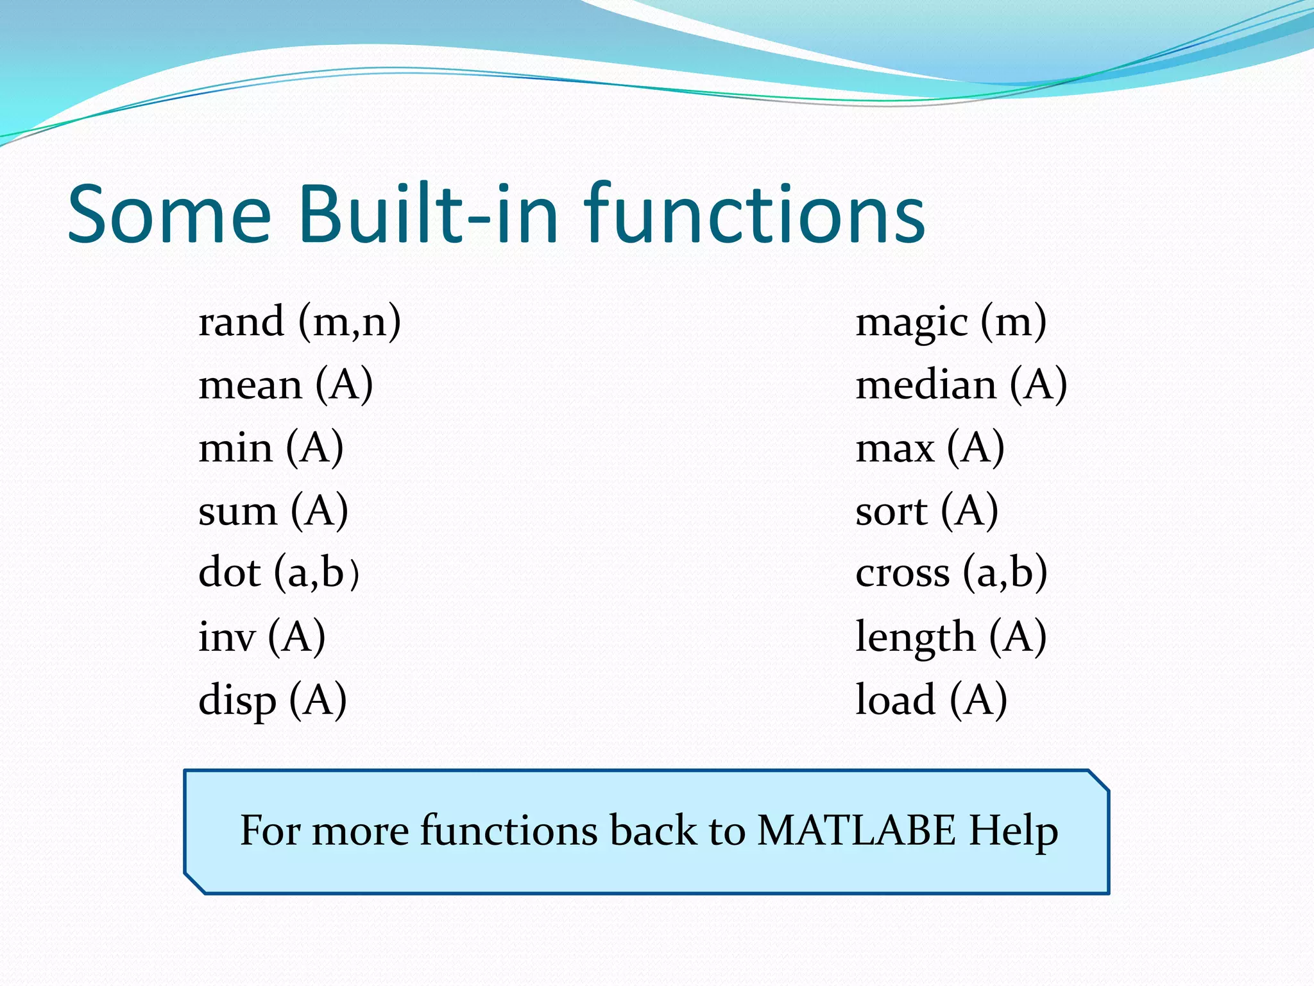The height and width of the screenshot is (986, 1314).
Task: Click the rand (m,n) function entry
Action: (x=300, y=322)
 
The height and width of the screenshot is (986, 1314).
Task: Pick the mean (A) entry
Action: (x=286, y=385)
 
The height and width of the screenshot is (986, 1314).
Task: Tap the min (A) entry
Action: (x=271, y=448)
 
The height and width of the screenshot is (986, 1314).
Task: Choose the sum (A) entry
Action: (x=273, y=512)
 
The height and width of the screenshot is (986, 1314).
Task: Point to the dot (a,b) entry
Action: (x=278, y=573)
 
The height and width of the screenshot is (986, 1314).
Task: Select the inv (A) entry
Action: (x=262, y=637)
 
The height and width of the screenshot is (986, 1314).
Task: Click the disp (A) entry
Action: (x=273, y=700)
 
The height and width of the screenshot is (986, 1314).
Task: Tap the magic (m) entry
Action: (x=951, y=322)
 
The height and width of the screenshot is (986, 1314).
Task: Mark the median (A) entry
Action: (x=961, y=385)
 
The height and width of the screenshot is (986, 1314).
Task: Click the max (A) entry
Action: (x=930, y=448)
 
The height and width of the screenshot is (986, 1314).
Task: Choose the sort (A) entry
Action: (x=926, y=512)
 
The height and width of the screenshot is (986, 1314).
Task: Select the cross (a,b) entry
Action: (x=951, y=573)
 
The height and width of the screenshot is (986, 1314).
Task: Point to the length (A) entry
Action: (x=951, y=637)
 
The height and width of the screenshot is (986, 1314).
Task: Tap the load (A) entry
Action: (x=931, y=700)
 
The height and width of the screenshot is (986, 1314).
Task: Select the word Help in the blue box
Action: (x=1013, y=832)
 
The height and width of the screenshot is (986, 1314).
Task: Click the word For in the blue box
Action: (x=269, y=831)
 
